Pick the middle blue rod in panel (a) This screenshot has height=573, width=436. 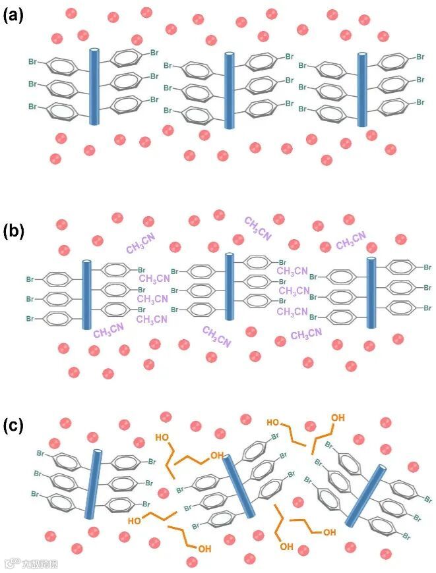pyautogui.click(x=229, y=90)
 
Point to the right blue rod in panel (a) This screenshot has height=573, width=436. pyautogui.click(x=362, y=90)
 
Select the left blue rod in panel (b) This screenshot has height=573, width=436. pyautogui.click(x=86, y=294)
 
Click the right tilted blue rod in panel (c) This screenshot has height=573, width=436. pyautogui.click(x=367, y=496)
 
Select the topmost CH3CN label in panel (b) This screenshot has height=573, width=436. pyautogui.click(x=258, y=227)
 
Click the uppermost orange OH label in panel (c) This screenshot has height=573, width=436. pyautogui.click(x=338, y=418)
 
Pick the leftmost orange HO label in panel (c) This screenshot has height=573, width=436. pyautogui.click(x=134, y=520)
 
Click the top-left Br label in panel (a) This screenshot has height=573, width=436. pyautogui.click(x=32, y=62)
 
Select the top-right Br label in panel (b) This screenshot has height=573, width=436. pyautogui.click(x=427, y=267)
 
